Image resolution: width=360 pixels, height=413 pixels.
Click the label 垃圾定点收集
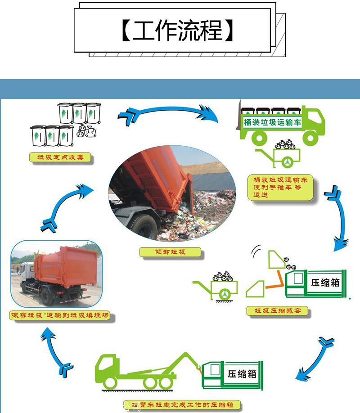60,157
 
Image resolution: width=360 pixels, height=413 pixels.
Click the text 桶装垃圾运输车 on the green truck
272,122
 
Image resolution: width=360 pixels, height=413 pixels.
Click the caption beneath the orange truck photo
59,316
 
